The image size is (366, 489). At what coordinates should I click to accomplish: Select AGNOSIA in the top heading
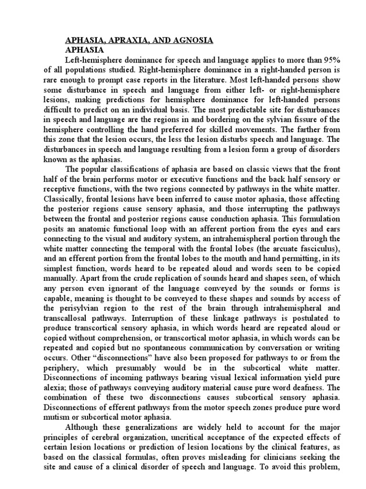coord(190,41)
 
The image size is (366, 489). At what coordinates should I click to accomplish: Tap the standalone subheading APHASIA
coord(84,49)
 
